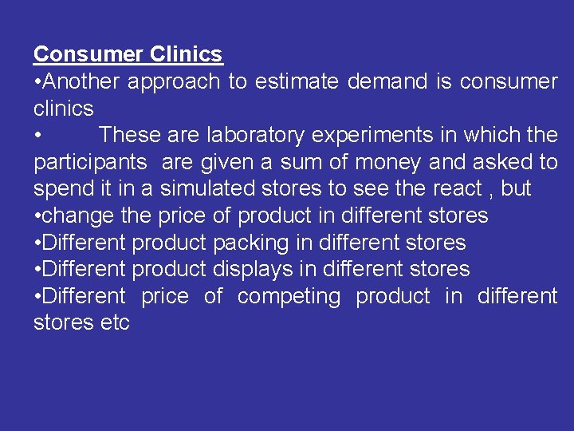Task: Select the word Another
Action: pyautogui.click(x=81, y=81)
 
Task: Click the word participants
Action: pyautogui.click(x=90, y=163)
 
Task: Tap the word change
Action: pyautogui.click(x=77, y=216)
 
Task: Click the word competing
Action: pyautogui.click(x=289, y=297)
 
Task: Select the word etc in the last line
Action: pyautogui.click(x=115, y=323)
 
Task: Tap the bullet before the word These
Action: pyautogui.click(x=37, y=136)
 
